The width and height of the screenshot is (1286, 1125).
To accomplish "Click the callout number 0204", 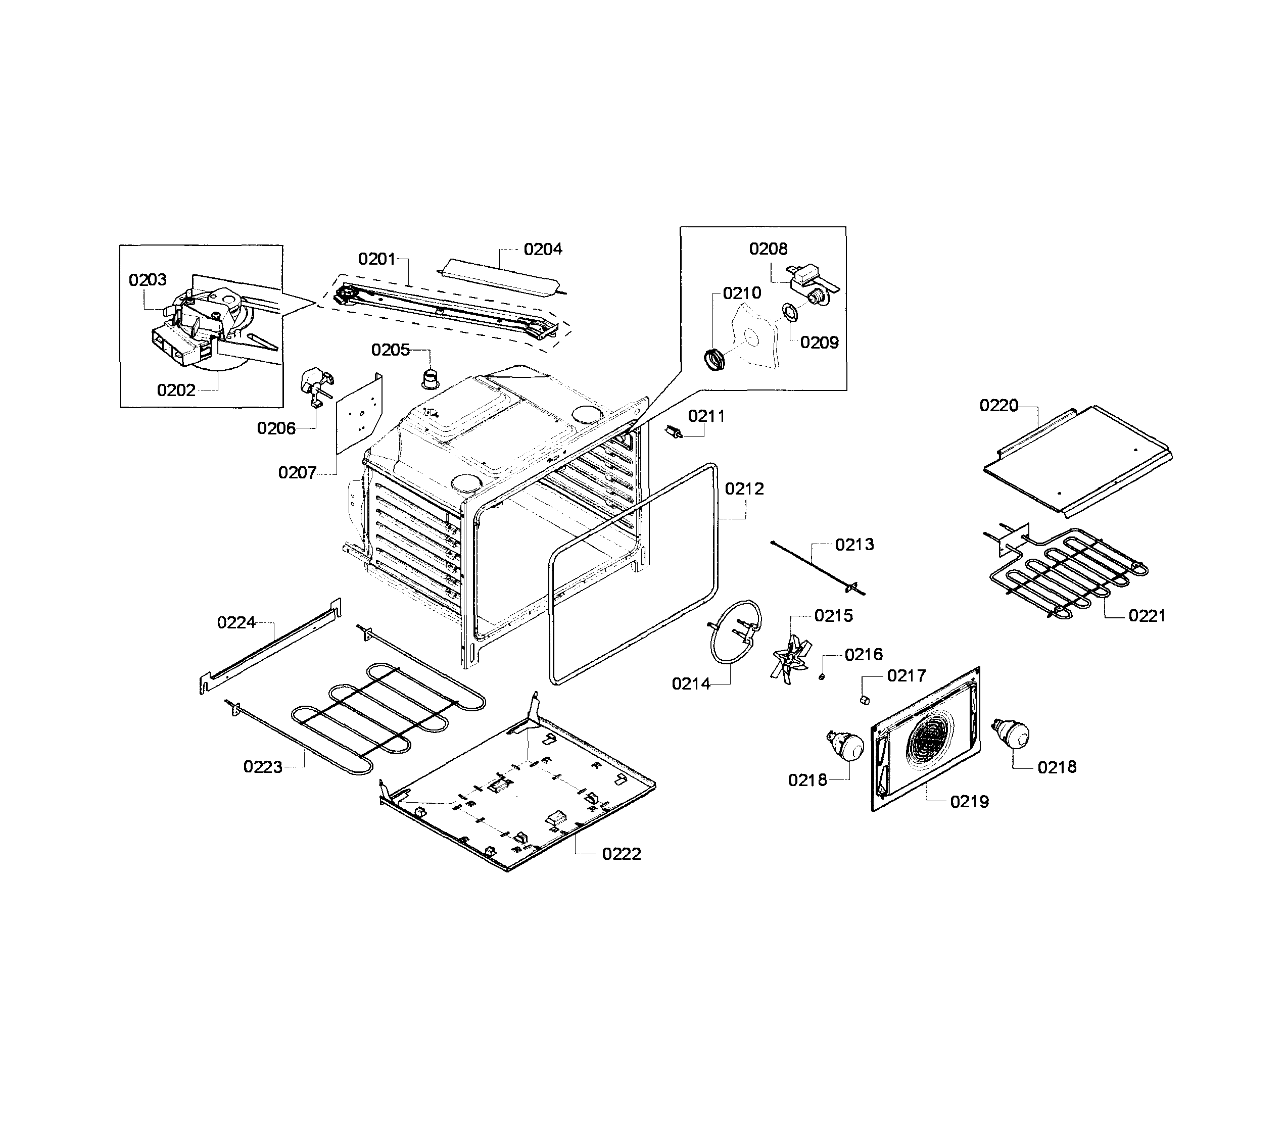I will click(543, 249).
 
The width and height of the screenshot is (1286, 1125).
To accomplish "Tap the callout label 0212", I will click(744, 489).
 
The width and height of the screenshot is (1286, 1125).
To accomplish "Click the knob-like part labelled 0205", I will click(430, 380).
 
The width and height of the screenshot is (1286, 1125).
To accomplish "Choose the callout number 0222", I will click(621, 854).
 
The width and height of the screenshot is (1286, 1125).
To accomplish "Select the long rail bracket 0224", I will click(270, 646).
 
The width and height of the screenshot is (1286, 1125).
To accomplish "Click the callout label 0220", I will click(998, 406).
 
